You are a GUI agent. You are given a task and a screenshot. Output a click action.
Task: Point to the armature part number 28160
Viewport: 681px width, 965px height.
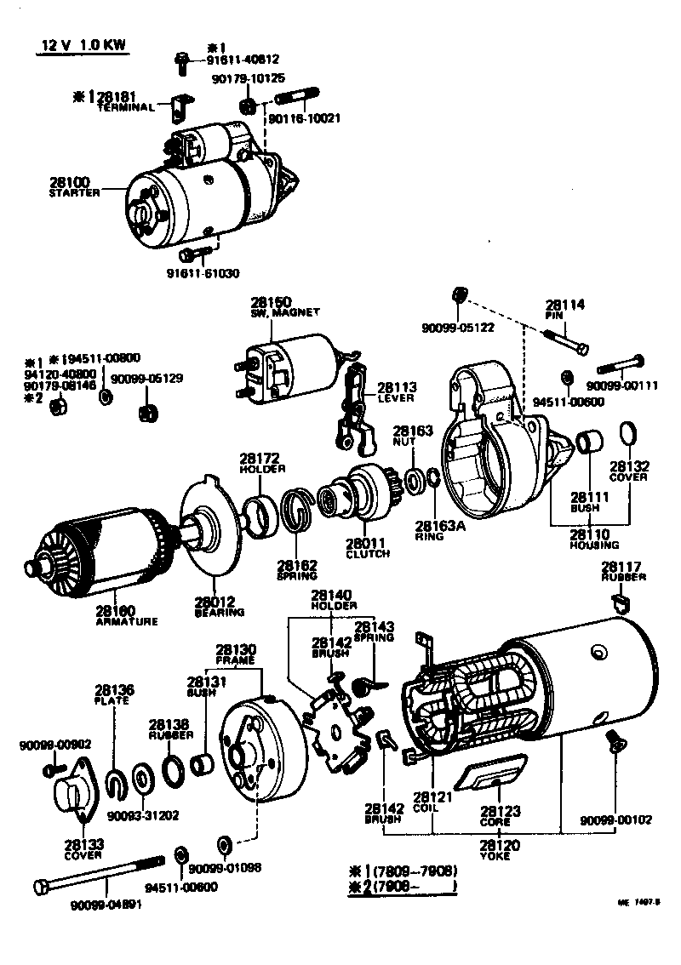point(115,611)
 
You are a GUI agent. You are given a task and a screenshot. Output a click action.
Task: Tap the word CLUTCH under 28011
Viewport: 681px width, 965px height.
point(368,554)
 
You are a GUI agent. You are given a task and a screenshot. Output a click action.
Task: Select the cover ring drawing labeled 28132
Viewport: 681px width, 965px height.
point(628,433)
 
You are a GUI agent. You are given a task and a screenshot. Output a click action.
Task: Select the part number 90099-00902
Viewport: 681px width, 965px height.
point(55,745)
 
